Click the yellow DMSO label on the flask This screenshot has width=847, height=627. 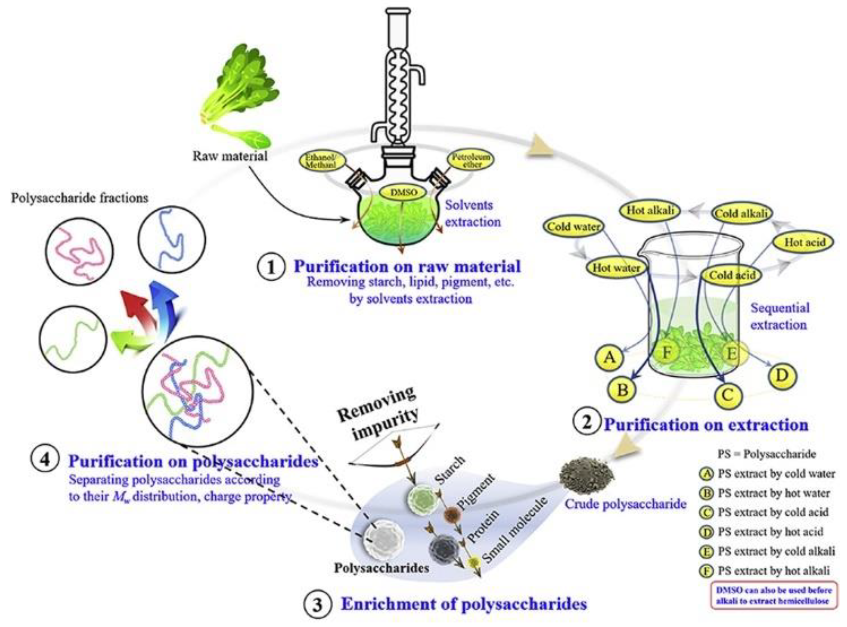pyautogui.click(x=403, y=192)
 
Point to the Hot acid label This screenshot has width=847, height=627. pyautogui.click(x=805, y=242)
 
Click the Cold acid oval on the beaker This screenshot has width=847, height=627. pyautogui.click(x=732, y=275)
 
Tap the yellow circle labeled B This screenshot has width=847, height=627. pyautogui.click(x=622, y=390)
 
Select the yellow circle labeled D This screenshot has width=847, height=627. pyautogui.click(x=782, y=375)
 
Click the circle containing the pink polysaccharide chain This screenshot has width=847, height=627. pyautogui.click(x=79, y=251)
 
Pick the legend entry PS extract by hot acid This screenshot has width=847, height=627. pyautogui.click(x=769, y=532)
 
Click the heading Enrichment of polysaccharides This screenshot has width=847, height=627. pyautogui.click(x=464, y=604)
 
